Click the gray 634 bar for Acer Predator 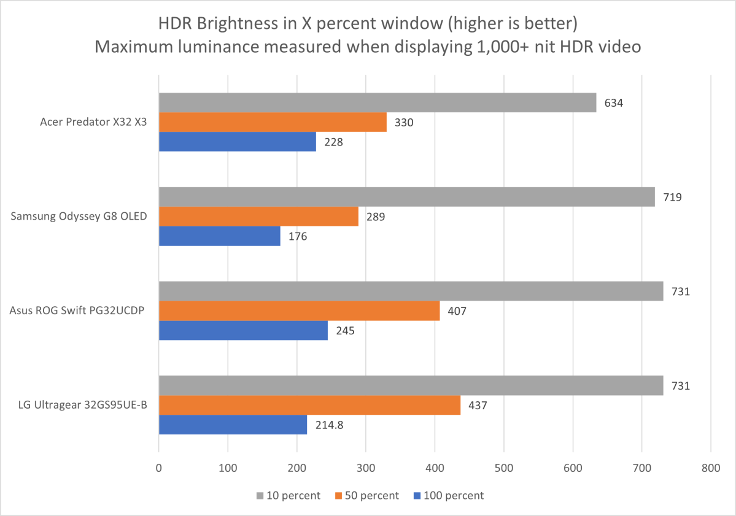click(x=378, y=102)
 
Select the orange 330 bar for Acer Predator click(x=273, y=122)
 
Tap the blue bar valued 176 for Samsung click(x=219, y=236)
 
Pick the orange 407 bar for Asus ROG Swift click(x=299, y=311)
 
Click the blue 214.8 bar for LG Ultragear click(x=233, y=425)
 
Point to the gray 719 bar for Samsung click(x=406, y=197)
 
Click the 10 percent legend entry click(x=285, y=495)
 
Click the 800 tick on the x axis click(x=710, y=468)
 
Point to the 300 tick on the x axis click(x=366, y=468)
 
